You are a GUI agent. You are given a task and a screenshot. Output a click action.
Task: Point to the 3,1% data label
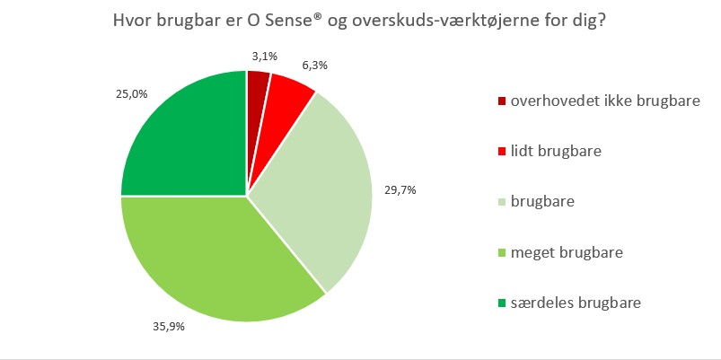pyautogui.click(x=264, y=57)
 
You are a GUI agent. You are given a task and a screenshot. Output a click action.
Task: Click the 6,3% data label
pyautogui.click(x=313, y=66)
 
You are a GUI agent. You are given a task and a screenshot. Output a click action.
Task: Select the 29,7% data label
pyautogui.click(x=400, y=190)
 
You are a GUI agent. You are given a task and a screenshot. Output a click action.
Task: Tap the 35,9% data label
pyautogui.click(x=169, y=327)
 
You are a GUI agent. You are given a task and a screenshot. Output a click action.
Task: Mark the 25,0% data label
pyautogui.click(x=131, y=94)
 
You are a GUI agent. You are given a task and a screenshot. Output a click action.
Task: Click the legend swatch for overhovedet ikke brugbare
pyautogui.click(x=501, y=101)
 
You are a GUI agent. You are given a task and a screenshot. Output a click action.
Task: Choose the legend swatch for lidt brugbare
pyautogui.click(x=501, y=151)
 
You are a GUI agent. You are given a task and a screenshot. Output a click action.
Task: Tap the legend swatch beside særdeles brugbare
pyautogui.click(x=501, y=303)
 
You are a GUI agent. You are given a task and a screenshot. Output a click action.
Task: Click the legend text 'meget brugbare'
pyautogui.click(x=567, y=253)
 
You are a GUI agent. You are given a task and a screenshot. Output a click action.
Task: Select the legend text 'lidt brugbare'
pyautogui.click(x=556, y=151)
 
